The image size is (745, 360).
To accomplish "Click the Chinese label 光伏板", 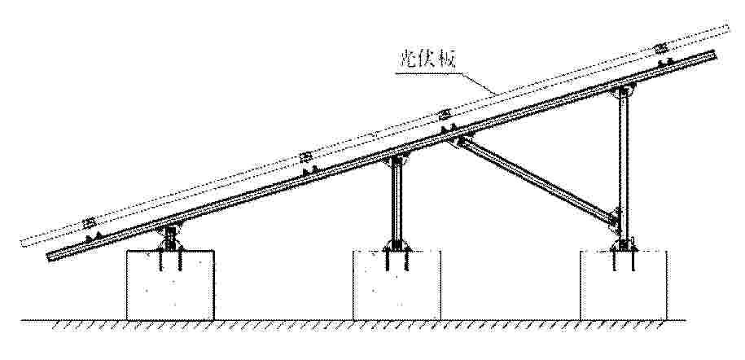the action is (426, 60).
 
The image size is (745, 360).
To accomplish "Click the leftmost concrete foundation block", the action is (170, 285).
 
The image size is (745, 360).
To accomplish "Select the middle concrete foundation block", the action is (397, 285).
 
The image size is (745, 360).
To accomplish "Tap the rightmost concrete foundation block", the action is (624, 285).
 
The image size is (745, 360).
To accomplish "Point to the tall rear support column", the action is (624, 166).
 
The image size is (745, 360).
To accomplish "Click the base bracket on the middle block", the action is (397, 245).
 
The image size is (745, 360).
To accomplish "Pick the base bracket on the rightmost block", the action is (624, 245).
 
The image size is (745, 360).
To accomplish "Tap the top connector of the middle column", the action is (397, 160).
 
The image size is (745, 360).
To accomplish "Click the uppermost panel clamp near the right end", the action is (661, 48).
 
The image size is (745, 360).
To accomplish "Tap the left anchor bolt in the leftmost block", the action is (160, 261).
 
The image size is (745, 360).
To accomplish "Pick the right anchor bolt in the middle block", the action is (406, 261).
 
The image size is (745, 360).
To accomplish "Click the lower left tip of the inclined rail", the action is (48, 257).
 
